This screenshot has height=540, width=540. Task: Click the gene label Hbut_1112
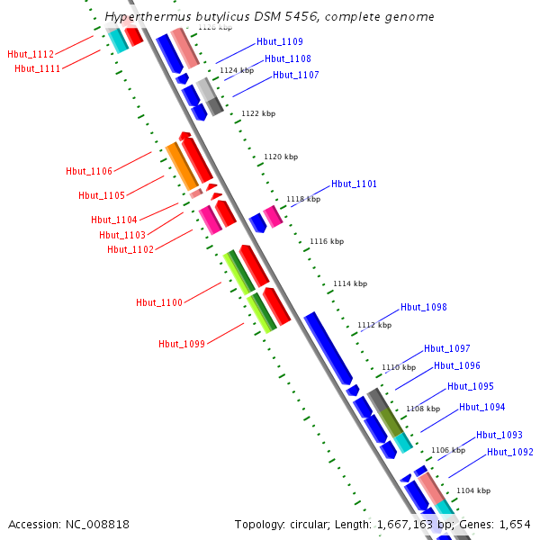coord(30,55)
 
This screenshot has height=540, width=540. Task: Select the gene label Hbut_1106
coord(89,171)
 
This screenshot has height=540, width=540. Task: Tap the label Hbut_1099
coord(182,344)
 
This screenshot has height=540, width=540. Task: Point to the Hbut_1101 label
coord(354,184)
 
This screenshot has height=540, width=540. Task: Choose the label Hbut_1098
coord(424,307)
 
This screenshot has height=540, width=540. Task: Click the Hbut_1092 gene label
coord(510,452)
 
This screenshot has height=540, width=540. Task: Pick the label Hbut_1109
coord(279,41)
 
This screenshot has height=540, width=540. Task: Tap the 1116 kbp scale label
coord(327,241)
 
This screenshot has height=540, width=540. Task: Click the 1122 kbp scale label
coord(258,113)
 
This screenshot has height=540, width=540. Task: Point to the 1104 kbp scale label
coord(473,490)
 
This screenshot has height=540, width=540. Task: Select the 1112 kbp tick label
coord(374,325)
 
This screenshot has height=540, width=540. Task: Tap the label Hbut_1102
coord(130,249)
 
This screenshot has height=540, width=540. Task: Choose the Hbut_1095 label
coord(471,386)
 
